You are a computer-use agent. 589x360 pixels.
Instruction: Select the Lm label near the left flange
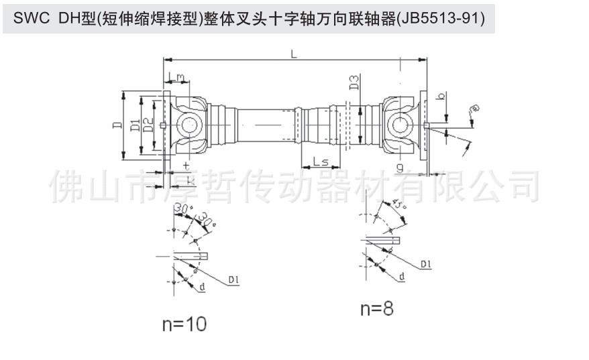pos(178,78)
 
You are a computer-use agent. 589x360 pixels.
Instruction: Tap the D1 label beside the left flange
pos(135,125)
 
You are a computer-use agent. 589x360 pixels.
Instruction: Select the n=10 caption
pos(184,324)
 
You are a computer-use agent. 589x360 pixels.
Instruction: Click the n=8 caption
pos(376,308)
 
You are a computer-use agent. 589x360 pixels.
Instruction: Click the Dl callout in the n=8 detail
pos(425,264)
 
